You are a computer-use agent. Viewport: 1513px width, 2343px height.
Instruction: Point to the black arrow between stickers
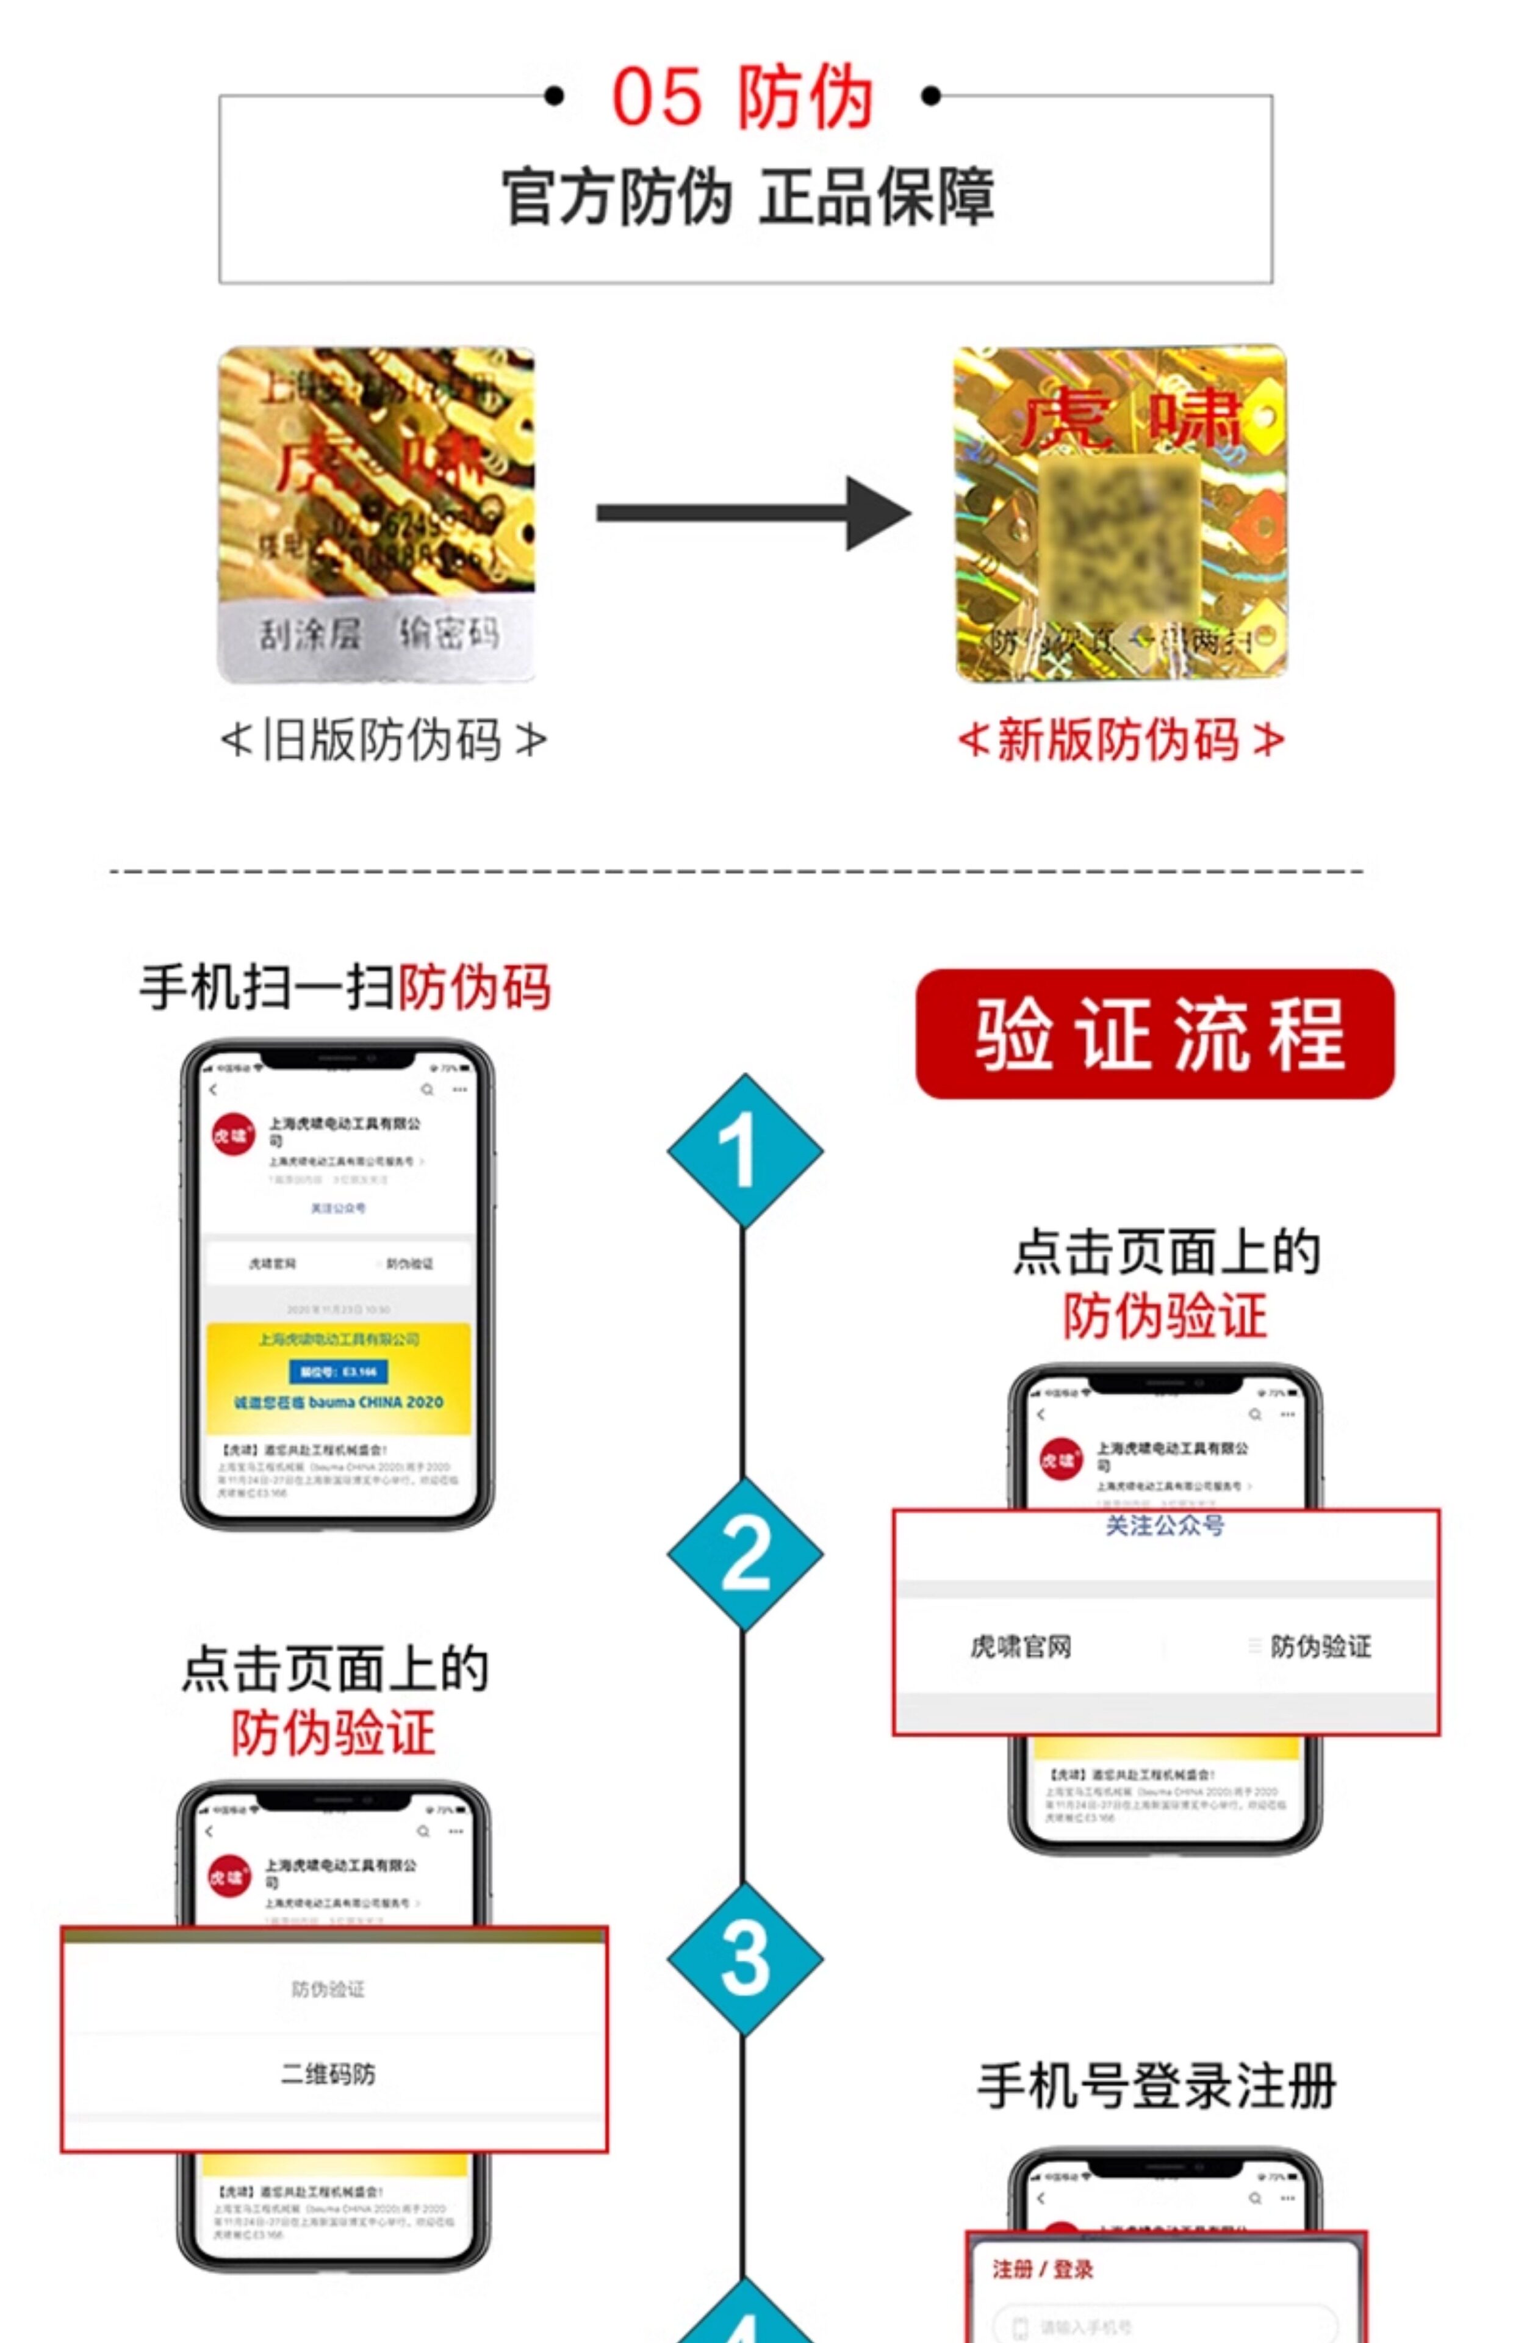coord(752,513)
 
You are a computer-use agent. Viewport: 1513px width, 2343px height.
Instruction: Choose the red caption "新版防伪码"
coord(1120,740)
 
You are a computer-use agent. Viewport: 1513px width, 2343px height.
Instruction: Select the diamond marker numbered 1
coord(744,1151)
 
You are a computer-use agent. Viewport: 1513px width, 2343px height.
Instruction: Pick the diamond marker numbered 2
coord(744,1554)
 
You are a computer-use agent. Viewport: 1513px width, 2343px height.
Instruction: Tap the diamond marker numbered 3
coord(744,1958)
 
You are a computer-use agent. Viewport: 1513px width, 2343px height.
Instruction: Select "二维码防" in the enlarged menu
coord(328,2075)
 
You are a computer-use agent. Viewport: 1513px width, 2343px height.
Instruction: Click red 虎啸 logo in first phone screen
coord(233,1135)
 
